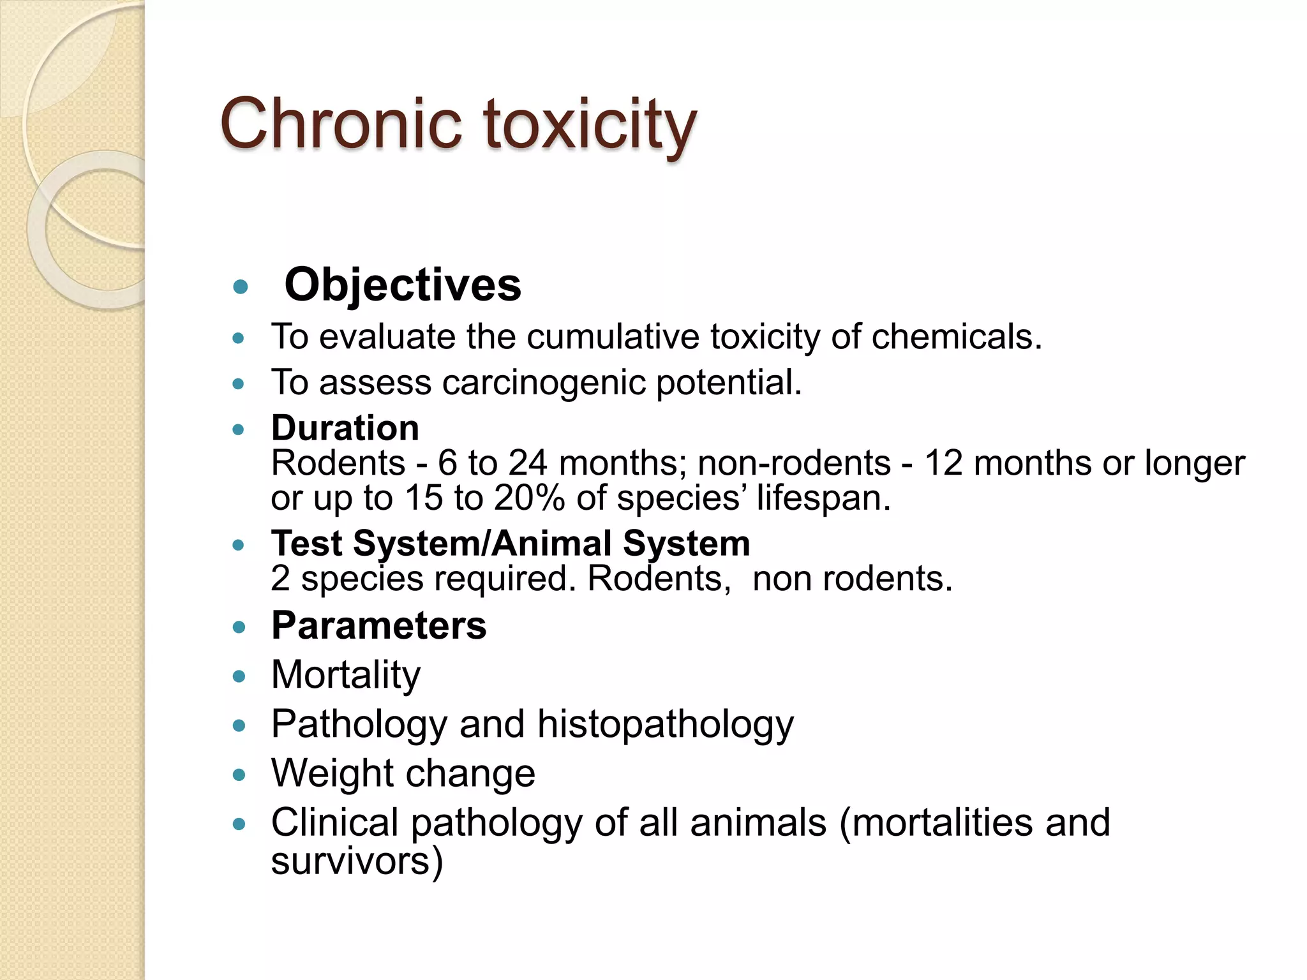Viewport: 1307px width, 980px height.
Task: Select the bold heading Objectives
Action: (x=403, y=285)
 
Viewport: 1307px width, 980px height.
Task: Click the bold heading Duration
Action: (x=345, y=427)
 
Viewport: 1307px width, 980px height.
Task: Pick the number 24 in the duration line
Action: (x=528, y=463)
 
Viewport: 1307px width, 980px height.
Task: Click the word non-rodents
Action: (x=794, y=463)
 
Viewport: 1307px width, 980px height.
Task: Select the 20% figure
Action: (x=529, y=498)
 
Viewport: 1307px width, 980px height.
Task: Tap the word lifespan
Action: (x=823, y=498)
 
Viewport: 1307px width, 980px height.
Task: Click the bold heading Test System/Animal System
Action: (x=511, y=544)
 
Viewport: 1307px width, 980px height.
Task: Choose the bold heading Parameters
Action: (x=379, y=625)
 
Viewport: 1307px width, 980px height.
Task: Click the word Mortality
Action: (x=346, y=674)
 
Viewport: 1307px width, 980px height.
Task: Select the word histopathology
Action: (x=666, y=724)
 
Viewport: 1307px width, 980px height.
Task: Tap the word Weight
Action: (x=332, y=773)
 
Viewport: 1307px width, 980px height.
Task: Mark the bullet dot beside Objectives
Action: (x=240, y=286)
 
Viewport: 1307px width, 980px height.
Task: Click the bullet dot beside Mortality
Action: (x=239, y=676)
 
